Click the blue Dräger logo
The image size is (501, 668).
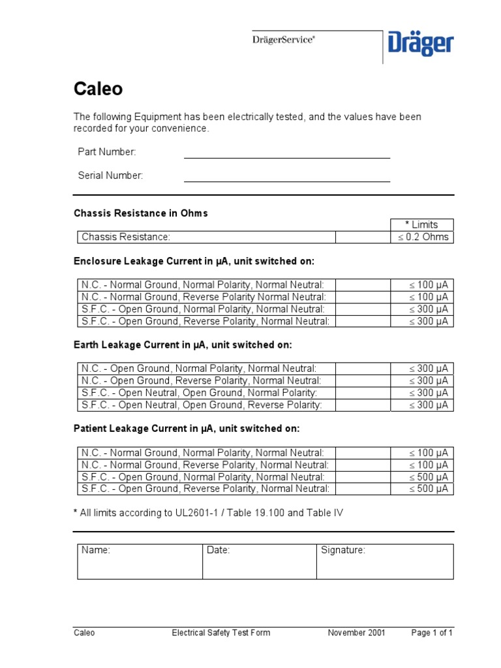tap(421, 44)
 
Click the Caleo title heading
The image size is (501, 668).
tap(97, 89)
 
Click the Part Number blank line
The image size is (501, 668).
tap(286, 157)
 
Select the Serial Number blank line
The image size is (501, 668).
tap(286, 181)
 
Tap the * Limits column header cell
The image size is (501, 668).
tap(421, 224)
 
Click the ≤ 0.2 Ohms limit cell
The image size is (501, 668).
tap(421, 237)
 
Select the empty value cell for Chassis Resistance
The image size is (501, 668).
tap(362, 237)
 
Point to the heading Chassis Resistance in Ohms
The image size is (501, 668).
tap(141, 213)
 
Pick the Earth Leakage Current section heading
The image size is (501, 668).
tap(183, 344)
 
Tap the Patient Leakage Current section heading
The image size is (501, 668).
tap(187, 429)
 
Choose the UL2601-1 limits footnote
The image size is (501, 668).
tap(208, 513)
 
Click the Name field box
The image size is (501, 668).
tap(140, 561)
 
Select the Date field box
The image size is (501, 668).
tap(259, 561)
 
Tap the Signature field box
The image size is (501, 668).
tap(384, 561)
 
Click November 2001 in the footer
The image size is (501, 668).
tap(356, 632)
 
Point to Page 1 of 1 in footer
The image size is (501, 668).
tap(432, 632)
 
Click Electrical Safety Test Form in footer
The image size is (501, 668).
tap(220, 632)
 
